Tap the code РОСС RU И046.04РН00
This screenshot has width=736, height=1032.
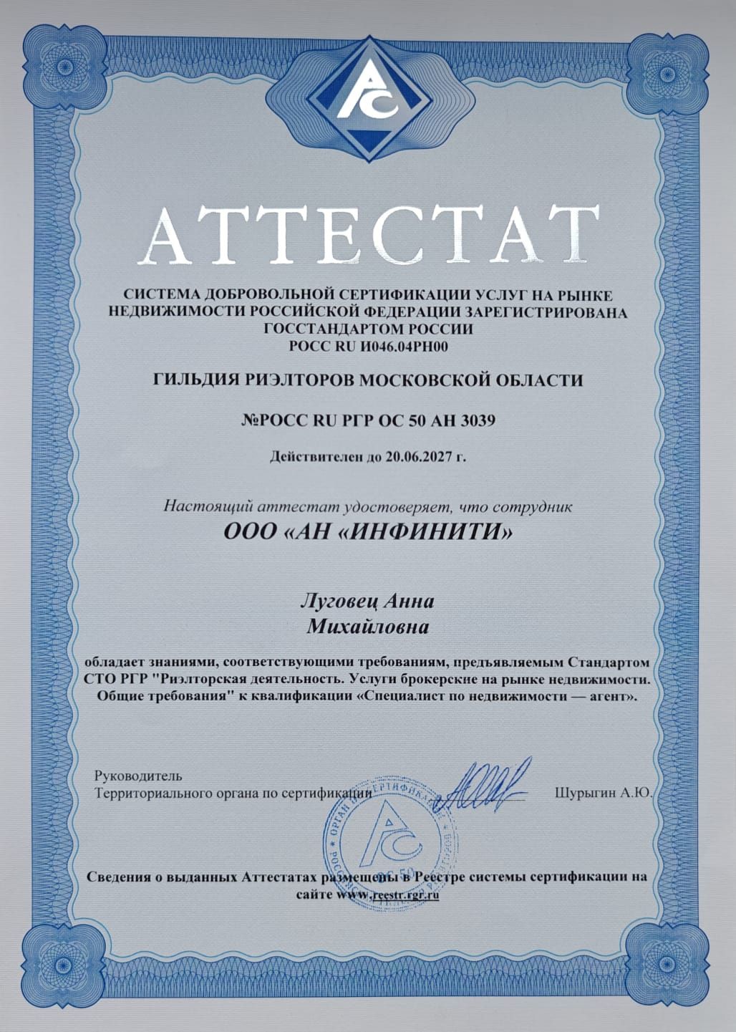point(368,347)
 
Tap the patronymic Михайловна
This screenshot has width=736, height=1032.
point(368,627)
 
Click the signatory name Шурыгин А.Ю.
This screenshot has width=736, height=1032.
point(601,793)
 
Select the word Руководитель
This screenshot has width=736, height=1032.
point(138,776)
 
